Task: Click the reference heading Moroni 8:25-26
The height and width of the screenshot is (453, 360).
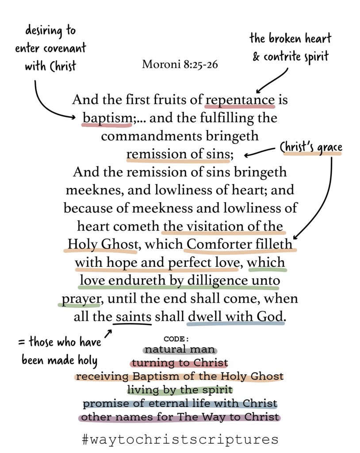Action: point(180,65)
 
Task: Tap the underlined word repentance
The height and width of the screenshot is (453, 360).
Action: point(240,100)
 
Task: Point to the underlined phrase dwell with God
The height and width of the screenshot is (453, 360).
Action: point(235,316)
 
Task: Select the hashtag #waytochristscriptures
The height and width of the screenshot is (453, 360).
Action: point(180,439)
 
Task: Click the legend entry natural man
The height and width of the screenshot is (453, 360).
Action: point(180,349)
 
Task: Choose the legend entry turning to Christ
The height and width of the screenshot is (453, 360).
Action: point(180,363)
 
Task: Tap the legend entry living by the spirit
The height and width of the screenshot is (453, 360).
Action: point(180,390)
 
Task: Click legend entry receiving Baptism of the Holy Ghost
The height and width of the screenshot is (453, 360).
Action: point(180,376)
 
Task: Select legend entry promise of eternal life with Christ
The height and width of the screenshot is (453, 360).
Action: point(180,403)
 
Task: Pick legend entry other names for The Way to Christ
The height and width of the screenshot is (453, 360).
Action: point(180,417)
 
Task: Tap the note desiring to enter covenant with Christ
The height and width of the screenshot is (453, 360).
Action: point(50,49)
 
